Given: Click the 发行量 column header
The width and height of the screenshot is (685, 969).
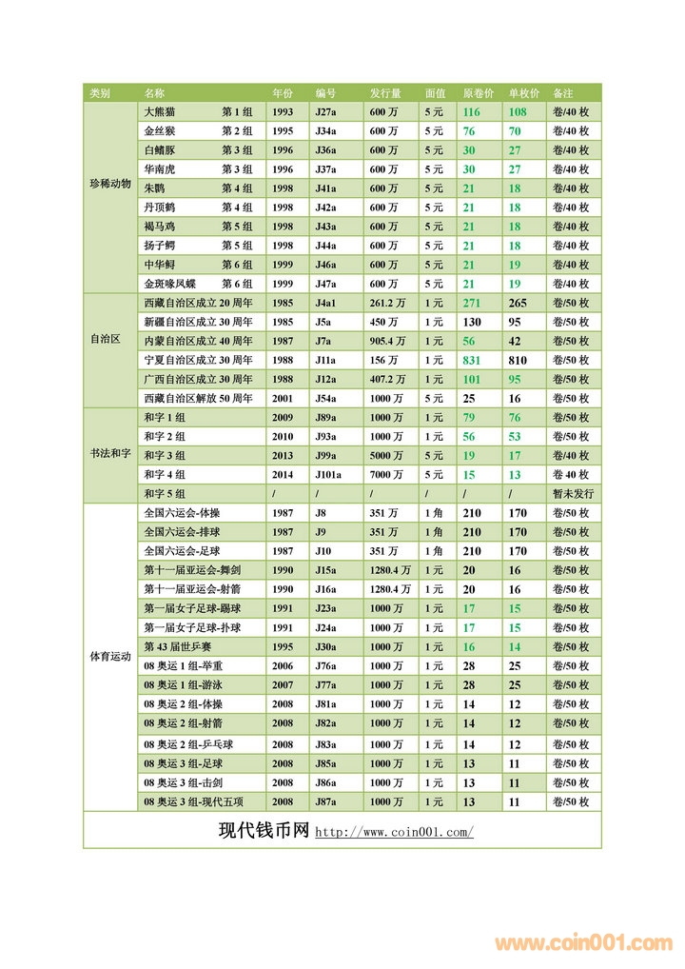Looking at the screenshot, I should [385, 93].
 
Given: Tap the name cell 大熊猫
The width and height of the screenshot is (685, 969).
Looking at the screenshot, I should [160, 112].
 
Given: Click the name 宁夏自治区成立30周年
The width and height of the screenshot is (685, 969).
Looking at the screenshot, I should [198, 361].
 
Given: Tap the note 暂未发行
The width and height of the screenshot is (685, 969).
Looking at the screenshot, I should [572, 494].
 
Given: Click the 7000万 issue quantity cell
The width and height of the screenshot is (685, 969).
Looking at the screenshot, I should [386, 475].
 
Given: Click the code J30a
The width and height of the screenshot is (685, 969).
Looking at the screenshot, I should [325, 647].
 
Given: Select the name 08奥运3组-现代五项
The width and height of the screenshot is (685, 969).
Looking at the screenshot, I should [193, 802].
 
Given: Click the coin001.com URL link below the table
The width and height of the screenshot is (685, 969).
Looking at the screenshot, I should [394, 833].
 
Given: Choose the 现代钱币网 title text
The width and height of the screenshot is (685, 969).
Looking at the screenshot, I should [264, 830].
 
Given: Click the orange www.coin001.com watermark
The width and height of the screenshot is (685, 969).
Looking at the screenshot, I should [583, 944].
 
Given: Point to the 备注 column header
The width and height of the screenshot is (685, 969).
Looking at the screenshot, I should [562, 93].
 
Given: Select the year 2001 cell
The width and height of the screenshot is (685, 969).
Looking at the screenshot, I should [283, 399].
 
